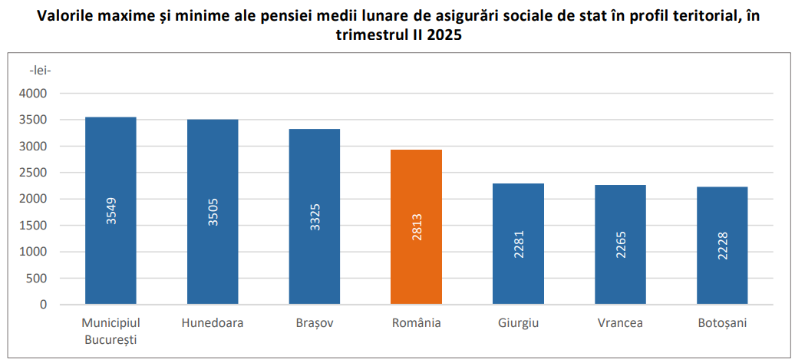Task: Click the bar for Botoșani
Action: tap(722, 245)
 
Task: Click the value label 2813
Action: tap(417, 229)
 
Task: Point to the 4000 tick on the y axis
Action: tap(34, 94)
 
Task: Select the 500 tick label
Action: tap(38, 278)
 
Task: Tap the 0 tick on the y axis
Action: tap(43, 305)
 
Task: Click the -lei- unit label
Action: tap(39, 71)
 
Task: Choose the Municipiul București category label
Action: tap(111, 330)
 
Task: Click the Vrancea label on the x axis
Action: tap(620, 323)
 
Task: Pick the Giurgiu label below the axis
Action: tap(518, 323)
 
